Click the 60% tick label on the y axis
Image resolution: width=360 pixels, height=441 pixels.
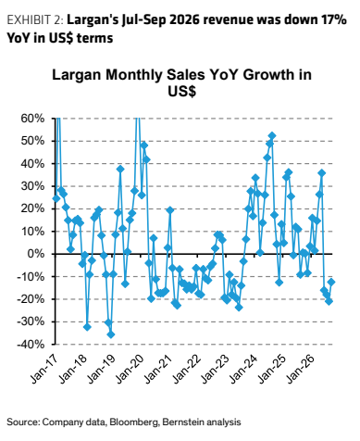pos(32,119)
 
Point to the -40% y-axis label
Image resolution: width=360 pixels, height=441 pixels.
pos(31,345)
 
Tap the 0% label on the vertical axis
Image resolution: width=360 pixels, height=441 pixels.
pos(36,254)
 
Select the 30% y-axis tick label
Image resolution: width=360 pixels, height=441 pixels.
pos(32,186)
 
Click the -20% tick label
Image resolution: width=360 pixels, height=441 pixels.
pos(31,299)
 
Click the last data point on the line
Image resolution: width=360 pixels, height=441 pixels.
pos(331,282)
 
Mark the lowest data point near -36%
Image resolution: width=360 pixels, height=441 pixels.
pos(111,334)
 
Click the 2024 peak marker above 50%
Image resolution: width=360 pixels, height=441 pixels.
pos(272,135)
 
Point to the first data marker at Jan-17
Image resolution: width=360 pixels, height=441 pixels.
pos(56,198)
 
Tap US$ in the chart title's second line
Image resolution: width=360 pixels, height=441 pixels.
pos(181,91)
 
